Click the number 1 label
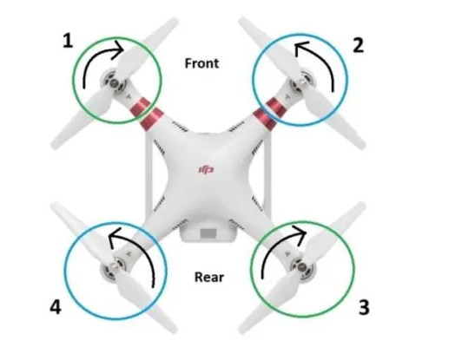(x=68, y=41)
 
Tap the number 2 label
(x=359, y=46)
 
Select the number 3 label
(x=364, y=307)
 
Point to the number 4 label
(x=56, y=307)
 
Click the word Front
(x=202, y=63)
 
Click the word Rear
(x=209, y=277)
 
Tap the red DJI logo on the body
(x=207, y=170)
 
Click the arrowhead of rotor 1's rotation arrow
(x=119, y=49)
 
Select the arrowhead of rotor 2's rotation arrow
(x=300, y=48)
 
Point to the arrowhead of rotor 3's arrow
(x=300, y=233)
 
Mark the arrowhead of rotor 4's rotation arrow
(x=115, y=236)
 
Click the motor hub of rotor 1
(x=113, y=82)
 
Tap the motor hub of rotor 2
(x=304, y=81)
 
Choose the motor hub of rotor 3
(x=302, y=266)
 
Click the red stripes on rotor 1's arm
(x=147, y=114)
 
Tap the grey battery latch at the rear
(x=208, y=233)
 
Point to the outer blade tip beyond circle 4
(x=55, y=206)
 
